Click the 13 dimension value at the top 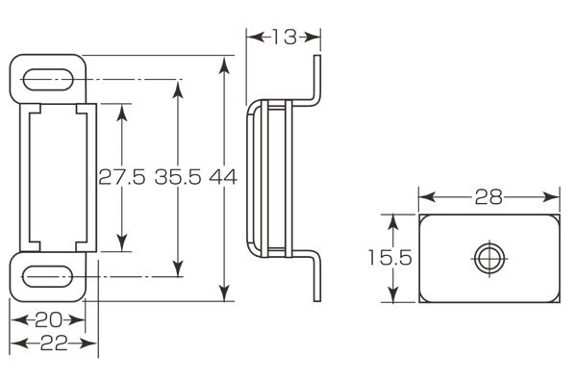284,38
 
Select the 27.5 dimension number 122,178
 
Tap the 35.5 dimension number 178,178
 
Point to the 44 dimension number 223,178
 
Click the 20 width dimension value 48,320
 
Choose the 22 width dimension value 54,344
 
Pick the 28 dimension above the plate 489,197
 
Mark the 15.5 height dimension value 390,258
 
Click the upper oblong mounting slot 48,80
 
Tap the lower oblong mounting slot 47,276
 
